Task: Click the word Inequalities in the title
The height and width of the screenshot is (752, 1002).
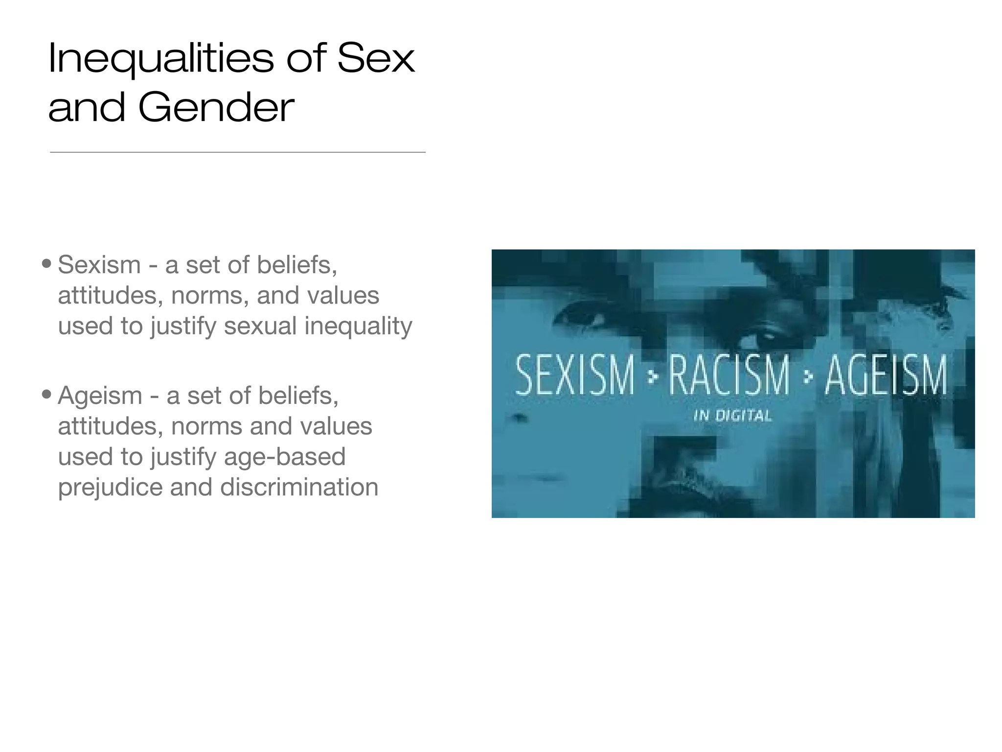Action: [160, 59]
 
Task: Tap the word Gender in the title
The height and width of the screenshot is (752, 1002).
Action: [216, 108]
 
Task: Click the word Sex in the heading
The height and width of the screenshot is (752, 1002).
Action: [376, 59]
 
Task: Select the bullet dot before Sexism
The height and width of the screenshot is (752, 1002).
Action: [46, 264]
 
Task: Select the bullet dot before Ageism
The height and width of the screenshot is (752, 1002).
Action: [46, 395]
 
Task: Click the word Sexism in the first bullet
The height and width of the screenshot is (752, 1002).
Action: [99, 265]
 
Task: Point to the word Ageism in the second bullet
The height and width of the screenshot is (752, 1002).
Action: [100, 395]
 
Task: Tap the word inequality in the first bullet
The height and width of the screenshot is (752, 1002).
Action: [358, 326]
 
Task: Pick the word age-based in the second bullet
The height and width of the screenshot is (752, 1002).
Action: [285, 457]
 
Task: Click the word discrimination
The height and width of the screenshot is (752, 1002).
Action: [299, 487]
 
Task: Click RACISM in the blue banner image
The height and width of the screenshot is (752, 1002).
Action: [729, 376]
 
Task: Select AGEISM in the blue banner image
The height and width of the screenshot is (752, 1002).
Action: [886, 376]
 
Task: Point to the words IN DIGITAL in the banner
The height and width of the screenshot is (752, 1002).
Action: [732, 416]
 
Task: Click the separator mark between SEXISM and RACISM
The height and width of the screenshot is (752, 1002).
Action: [651, 376]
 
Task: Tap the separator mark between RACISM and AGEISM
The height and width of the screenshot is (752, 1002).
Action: [808, 376]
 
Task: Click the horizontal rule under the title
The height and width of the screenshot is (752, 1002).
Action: [237, 152]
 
